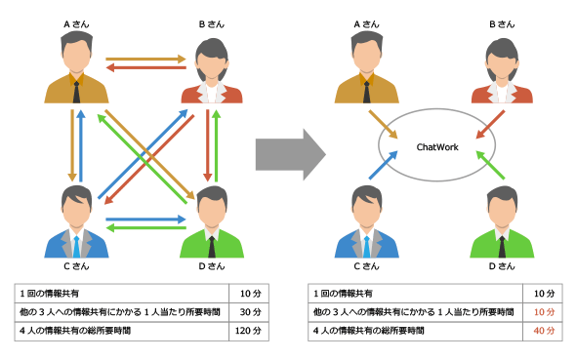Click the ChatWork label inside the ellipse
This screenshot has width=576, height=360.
coord(437,147)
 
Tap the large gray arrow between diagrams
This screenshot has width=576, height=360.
coord(291,154)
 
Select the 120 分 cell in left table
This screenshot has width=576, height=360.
coord(248,331)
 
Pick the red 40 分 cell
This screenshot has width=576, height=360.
coord(544,331)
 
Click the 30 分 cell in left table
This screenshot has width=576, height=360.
coord(251,312)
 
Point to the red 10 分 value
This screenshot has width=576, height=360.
coord(544,312)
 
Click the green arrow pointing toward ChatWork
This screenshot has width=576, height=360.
coord(490,165)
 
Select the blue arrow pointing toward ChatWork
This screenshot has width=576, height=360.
coord(383,165)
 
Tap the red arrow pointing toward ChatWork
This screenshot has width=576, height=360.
coord(490,125)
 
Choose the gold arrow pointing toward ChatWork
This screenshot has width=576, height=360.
coord(383,125)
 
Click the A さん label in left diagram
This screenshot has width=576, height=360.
coord(76,24)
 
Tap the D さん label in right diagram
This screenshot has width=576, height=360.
coord(502,266)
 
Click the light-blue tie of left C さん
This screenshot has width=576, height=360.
coord(76,247)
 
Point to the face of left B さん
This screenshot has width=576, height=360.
coord(212,66)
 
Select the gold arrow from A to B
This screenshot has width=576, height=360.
coord(145,59)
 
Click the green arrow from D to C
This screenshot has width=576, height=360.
coord(145,228)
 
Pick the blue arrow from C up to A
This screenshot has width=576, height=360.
coord(81,145)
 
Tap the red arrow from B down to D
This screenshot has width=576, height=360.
coord(208,145)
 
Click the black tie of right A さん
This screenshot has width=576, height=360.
coord(367,92)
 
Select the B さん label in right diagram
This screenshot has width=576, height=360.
coord(502,24)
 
